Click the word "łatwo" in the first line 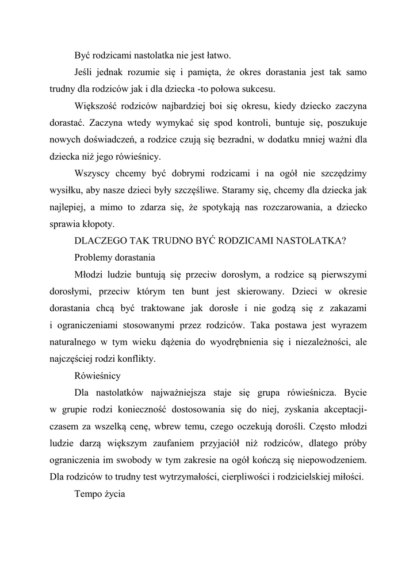coord(219,56)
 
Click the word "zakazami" coord(349,309)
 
